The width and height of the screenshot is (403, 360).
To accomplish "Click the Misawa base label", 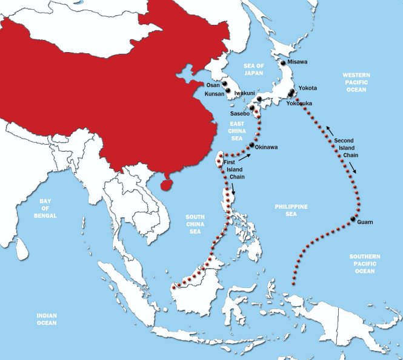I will tap(298, 62).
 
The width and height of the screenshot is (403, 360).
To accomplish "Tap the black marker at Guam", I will tap(353, 218).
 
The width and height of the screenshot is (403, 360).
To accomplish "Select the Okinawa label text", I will tap(267, 147).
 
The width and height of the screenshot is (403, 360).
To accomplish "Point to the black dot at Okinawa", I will tap(251, 145).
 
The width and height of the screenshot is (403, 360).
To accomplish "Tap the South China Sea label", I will tap(195, 224).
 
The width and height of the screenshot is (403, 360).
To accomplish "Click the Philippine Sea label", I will tap(291, 210).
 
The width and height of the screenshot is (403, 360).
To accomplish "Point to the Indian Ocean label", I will tap(46, 319).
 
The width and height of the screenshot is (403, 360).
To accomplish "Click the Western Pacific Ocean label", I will tap(356, 82).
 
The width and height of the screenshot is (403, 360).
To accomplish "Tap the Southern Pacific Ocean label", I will tap(365, 264).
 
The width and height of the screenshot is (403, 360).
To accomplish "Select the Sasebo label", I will tap(240, 113).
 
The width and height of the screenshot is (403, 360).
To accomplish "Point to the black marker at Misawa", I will tap(282, 62).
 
